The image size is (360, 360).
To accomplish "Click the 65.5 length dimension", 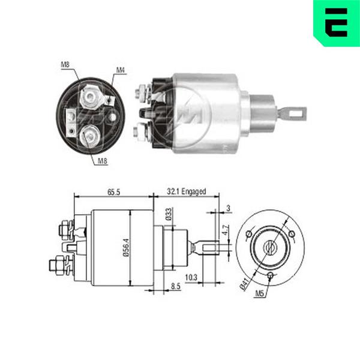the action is coord(113,192).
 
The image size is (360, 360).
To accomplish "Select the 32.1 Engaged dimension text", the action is coord(186,191).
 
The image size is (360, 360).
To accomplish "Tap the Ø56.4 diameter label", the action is coord(126,248).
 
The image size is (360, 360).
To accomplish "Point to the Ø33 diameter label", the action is coord(168,214).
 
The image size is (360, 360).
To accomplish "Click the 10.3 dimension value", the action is coord(191,278).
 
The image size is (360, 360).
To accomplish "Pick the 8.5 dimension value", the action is coord(176,286).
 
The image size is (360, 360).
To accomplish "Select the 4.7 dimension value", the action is coord(226,230).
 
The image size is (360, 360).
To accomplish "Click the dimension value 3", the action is coord(228,208).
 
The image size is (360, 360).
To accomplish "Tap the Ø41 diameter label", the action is coord(244,284).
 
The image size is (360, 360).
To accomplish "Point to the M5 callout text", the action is coord(260,293).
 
